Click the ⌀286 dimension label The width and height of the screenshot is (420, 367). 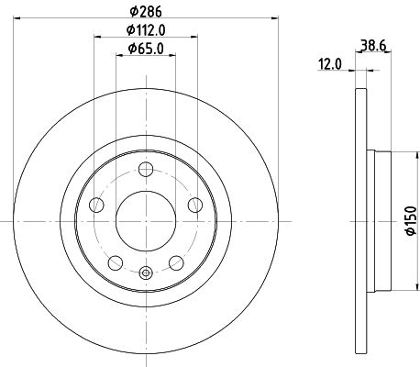coord(146,12)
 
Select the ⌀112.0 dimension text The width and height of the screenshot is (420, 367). coord(146,30)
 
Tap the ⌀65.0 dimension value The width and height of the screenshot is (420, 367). coord(146,49)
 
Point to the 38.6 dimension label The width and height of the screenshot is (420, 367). coord(373,46)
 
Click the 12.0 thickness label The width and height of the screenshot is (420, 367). coord(330,64)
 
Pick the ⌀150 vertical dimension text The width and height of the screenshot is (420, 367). coord(411,221)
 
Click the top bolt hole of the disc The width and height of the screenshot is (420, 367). coord(146,169)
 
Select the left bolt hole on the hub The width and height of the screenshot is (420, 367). coord(96,205)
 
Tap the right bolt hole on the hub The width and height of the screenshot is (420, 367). coord(195,205)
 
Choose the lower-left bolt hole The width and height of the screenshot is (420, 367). coord(116,262)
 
